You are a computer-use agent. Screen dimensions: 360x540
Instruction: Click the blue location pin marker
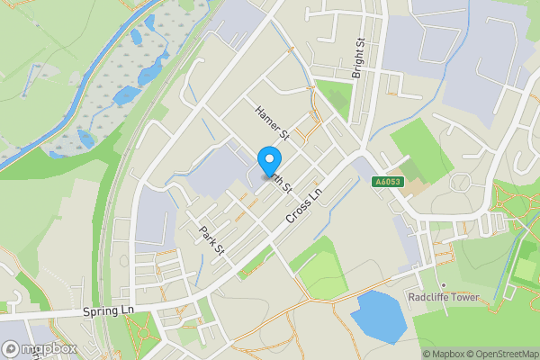coord(268,161)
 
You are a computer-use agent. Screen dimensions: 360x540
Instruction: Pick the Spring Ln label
coord(107,310)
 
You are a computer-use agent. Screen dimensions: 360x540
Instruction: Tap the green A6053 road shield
coord(390,183)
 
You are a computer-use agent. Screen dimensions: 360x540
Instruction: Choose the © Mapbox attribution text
coord(443,354)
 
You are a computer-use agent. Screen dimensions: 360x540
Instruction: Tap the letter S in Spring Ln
coord(85,310)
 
